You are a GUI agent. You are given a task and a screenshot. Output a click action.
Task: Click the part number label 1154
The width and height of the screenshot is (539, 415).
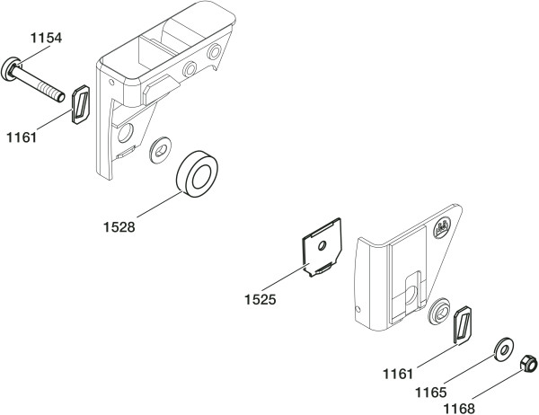(47, 38)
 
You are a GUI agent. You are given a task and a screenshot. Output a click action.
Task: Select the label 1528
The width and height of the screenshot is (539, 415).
(119, 227)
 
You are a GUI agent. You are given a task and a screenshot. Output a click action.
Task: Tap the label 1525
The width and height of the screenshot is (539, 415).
(261, 300)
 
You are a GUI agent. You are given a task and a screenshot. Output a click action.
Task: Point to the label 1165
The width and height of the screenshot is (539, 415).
(430, 393)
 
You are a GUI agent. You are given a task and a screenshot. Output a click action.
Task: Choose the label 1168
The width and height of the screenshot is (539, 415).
(458, 409)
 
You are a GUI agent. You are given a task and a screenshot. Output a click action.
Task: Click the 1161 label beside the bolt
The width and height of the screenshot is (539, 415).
(22, 137)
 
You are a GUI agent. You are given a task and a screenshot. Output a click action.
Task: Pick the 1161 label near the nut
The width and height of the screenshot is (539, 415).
(398, 374)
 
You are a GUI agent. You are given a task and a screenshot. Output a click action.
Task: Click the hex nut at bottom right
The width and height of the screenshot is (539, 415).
(529, 364)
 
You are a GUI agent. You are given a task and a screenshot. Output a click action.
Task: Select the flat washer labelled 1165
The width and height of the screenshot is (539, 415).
(504, 350)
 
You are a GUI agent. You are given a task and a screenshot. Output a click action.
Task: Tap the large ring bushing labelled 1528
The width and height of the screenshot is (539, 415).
(197, 173)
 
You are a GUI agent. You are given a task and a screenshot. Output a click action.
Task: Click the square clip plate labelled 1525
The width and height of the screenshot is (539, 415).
(322, 247)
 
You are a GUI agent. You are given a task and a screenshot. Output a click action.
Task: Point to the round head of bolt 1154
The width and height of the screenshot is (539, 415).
(9, 69)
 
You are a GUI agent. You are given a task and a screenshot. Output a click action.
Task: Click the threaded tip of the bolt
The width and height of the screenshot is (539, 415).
(60, 97)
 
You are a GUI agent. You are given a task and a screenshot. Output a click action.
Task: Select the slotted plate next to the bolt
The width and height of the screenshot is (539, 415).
(81, 104)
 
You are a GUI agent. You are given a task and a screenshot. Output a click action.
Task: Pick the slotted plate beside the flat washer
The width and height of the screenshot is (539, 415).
(463, 324)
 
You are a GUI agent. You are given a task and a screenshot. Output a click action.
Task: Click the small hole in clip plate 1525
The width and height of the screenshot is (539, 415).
(323, 245)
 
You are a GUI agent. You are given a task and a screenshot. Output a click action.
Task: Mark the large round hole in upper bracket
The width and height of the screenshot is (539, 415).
(126, 133)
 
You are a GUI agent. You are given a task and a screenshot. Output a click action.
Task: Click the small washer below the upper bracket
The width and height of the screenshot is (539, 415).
(161, 150)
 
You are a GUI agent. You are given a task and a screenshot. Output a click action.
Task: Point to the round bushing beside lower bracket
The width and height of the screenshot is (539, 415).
(439, 312)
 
